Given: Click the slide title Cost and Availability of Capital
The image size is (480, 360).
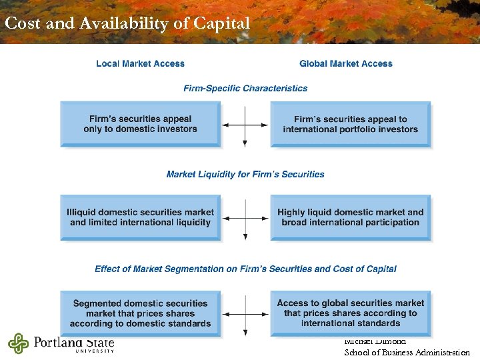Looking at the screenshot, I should point(127,23).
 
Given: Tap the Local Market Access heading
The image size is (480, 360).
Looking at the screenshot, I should point(140,64).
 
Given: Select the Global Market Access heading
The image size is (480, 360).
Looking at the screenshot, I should point(346,64).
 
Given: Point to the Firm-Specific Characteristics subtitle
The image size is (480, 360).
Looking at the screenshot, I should point(245,88).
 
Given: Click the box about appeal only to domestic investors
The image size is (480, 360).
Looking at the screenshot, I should point(140,124).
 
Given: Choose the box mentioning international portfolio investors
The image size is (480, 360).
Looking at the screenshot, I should point(350,124).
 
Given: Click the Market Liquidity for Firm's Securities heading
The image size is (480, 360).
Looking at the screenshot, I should point(245,175).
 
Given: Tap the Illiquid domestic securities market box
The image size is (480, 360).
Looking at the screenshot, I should point(140,217).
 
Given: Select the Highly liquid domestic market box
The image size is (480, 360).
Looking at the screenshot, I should point(350,217).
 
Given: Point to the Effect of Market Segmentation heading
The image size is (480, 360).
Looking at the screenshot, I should point(245,269).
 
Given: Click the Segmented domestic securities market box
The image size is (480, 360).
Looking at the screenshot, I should point(140,313).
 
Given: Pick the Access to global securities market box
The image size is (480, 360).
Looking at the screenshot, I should point(350,313).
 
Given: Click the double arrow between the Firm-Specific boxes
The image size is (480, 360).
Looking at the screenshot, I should point(245,125).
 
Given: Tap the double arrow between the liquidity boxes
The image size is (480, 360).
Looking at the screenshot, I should point(245,218).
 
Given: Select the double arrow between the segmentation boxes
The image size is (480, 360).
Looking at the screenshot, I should point(245,314).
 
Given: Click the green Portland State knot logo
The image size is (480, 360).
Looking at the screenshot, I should point(19,343).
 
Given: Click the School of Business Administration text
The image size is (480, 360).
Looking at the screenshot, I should point(407,353).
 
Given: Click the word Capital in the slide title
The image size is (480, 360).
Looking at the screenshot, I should point(221,23).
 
